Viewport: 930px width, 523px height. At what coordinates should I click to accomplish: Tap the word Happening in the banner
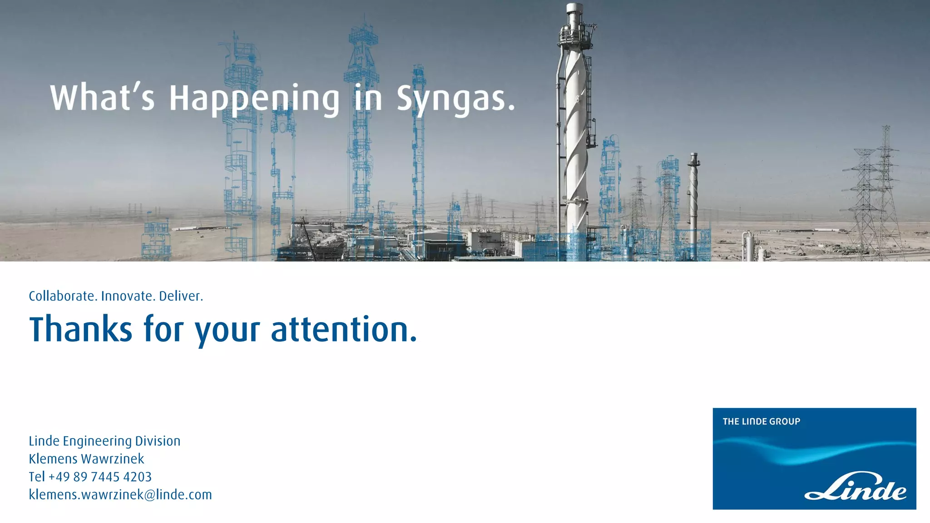pos(254,99)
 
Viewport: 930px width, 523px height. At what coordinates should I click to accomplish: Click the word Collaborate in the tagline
pos(63,296)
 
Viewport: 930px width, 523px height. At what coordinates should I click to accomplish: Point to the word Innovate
pos(128,296)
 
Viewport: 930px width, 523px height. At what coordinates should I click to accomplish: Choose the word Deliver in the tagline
pos(181,296)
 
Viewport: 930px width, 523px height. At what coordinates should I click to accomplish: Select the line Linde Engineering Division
pos(104,441)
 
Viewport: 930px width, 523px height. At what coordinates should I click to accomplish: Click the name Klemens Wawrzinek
pos(86,459)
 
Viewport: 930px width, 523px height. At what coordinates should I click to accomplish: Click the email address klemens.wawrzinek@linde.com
pos(120,494)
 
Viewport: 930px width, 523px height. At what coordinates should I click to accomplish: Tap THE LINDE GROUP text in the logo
pos(761,421)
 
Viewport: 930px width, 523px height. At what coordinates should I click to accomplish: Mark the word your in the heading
pos(228,331)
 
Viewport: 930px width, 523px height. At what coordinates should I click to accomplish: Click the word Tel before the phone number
pos(37,477)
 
